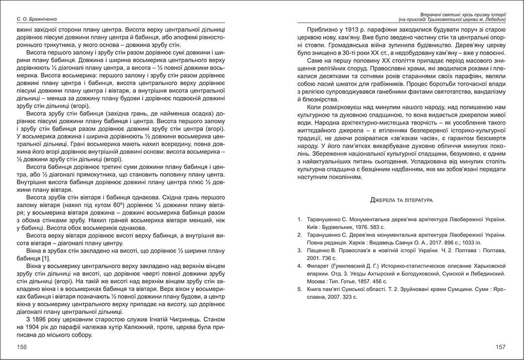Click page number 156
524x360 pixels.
point(22,347)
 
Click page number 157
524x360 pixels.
point(501,347)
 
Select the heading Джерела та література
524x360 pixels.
point(401,199)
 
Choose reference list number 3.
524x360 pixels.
point(300,251)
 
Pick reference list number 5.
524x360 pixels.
point(300,289)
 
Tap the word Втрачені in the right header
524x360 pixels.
point(421,14)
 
